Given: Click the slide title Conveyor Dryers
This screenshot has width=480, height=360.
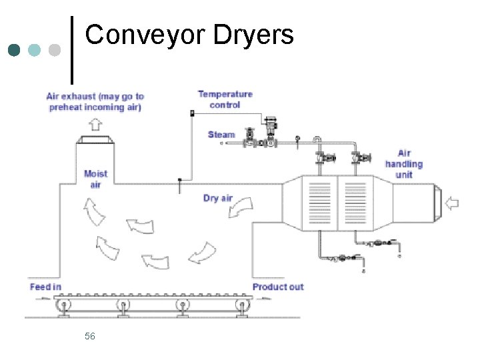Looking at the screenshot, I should [x=189, y=35].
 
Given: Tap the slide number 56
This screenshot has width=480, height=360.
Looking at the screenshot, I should [x=90, y=336].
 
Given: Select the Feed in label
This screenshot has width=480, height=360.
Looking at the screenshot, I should [x=45, y=287].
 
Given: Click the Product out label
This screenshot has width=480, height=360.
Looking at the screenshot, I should [x=278, y=287].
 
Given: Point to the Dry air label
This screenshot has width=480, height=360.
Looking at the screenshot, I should [x=218, y=198].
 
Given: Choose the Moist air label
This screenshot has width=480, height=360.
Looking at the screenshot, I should [x=95, y=179].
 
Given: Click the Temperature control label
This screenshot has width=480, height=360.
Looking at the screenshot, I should [x=225, y=99].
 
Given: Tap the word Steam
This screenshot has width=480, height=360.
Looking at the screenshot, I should [x=221, y=135].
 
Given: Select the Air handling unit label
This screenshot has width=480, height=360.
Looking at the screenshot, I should [x=404, y=164].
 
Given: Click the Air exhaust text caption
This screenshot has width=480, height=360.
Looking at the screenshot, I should [x=95, y=101].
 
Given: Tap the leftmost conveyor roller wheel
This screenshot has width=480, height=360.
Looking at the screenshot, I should [x=64, y=307].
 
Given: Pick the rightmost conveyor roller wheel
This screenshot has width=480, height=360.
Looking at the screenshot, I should [x=240, y=307].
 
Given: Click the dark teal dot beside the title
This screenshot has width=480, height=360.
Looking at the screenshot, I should [x=14, y=50].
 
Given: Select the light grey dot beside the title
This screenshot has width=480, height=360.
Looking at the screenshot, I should [x=54, y=50].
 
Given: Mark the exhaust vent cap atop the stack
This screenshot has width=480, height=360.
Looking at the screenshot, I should [x=95, y=139].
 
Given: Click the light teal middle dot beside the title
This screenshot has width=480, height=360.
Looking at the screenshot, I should [x=34, y=50].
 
